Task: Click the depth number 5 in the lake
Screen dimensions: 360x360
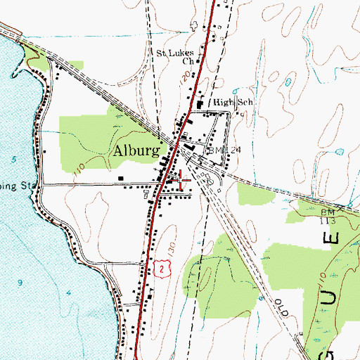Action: click(15, 159)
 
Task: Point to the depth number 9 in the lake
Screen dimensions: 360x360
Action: click(20, 282)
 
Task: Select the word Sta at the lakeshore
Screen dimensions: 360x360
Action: click(28, 187)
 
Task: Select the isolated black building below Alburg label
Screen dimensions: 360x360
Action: click(121, 179)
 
